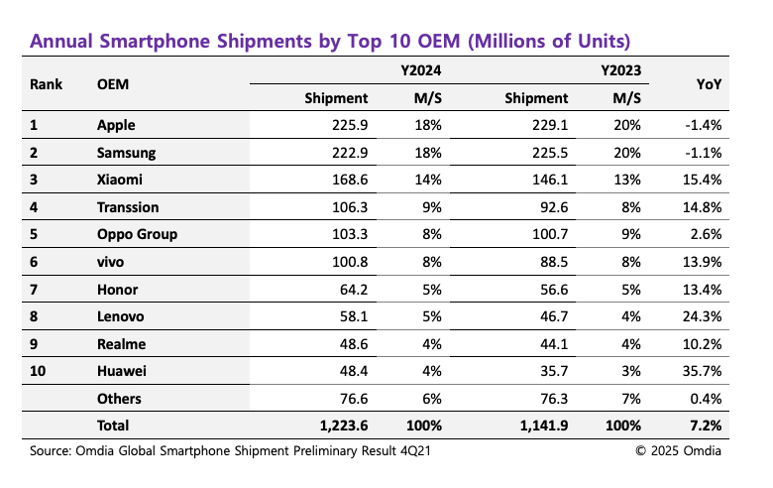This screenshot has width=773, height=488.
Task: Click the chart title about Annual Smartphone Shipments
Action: [x=330, y=42]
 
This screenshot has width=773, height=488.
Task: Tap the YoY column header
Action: [x=709, y=85]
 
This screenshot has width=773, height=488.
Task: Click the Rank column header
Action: [x=47, y=85]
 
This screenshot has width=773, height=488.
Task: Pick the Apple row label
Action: [x=117, y=125]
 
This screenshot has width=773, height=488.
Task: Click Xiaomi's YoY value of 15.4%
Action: [x=700, y=180]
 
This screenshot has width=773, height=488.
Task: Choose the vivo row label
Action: [x=111, y=262]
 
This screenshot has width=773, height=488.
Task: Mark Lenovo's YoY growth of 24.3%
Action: [x=700, y=316]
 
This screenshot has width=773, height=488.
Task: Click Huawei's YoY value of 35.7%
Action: [x=700, y=371]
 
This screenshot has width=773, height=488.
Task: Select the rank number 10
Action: [x=39, y=371]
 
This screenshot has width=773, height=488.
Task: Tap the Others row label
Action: [x=119, y=399]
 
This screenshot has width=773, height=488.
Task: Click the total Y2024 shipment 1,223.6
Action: [x=341, y=427]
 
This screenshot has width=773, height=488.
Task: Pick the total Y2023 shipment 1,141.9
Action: [x=541, y=427]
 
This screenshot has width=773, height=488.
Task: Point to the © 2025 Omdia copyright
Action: [x=679, y=451]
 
